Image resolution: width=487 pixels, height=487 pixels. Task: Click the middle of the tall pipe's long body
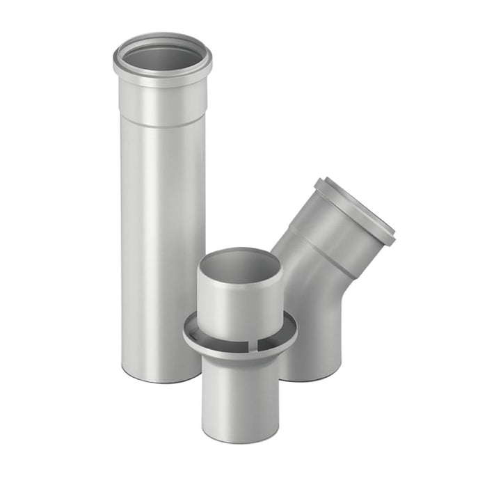[x=162, y=243]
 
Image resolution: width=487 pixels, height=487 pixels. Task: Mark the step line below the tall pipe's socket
[x=162, y=125]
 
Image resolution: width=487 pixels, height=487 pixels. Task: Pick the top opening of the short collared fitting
[x=239, y=266]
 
